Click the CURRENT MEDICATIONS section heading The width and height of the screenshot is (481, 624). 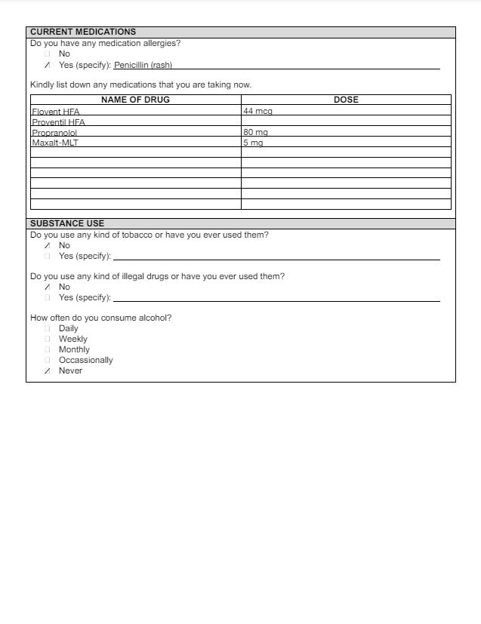point(83,32)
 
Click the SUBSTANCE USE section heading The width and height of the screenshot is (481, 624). point(67,223)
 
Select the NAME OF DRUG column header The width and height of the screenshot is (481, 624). point(135,100)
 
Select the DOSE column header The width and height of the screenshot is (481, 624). point(346,100)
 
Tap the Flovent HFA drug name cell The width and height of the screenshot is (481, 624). point(56,112)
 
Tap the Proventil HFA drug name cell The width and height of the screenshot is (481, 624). point(58,122)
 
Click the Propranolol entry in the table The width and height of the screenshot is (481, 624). point(54,133)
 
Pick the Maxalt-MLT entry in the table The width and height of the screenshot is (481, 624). point(55,143)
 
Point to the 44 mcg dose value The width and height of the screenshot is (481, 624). point(257,112)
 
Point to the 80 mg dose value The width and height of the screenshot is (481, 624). point(256,133)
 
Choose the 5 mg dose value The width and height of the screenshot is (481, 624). point(253,143)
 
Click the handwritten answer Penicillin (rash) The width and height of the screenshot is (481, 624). point(143,65)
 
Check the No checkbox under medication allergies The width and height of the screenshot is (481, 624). point(48,54)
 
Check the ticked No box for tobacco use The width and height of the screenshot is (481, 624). point(48,245)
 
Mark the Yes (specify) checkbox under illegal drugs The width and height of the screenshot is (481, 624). point(48,297)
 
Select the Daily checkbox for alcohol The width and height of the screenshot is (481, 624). point(48,328)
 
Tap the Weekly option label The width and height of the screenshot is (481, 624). point(73,339)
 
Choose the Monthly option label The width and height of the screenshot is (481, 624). point(74,349)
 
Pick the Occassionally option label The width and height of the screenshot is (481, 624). point(86,360)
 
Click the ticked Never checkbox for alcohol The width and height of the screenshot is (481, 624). point(48,370)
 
